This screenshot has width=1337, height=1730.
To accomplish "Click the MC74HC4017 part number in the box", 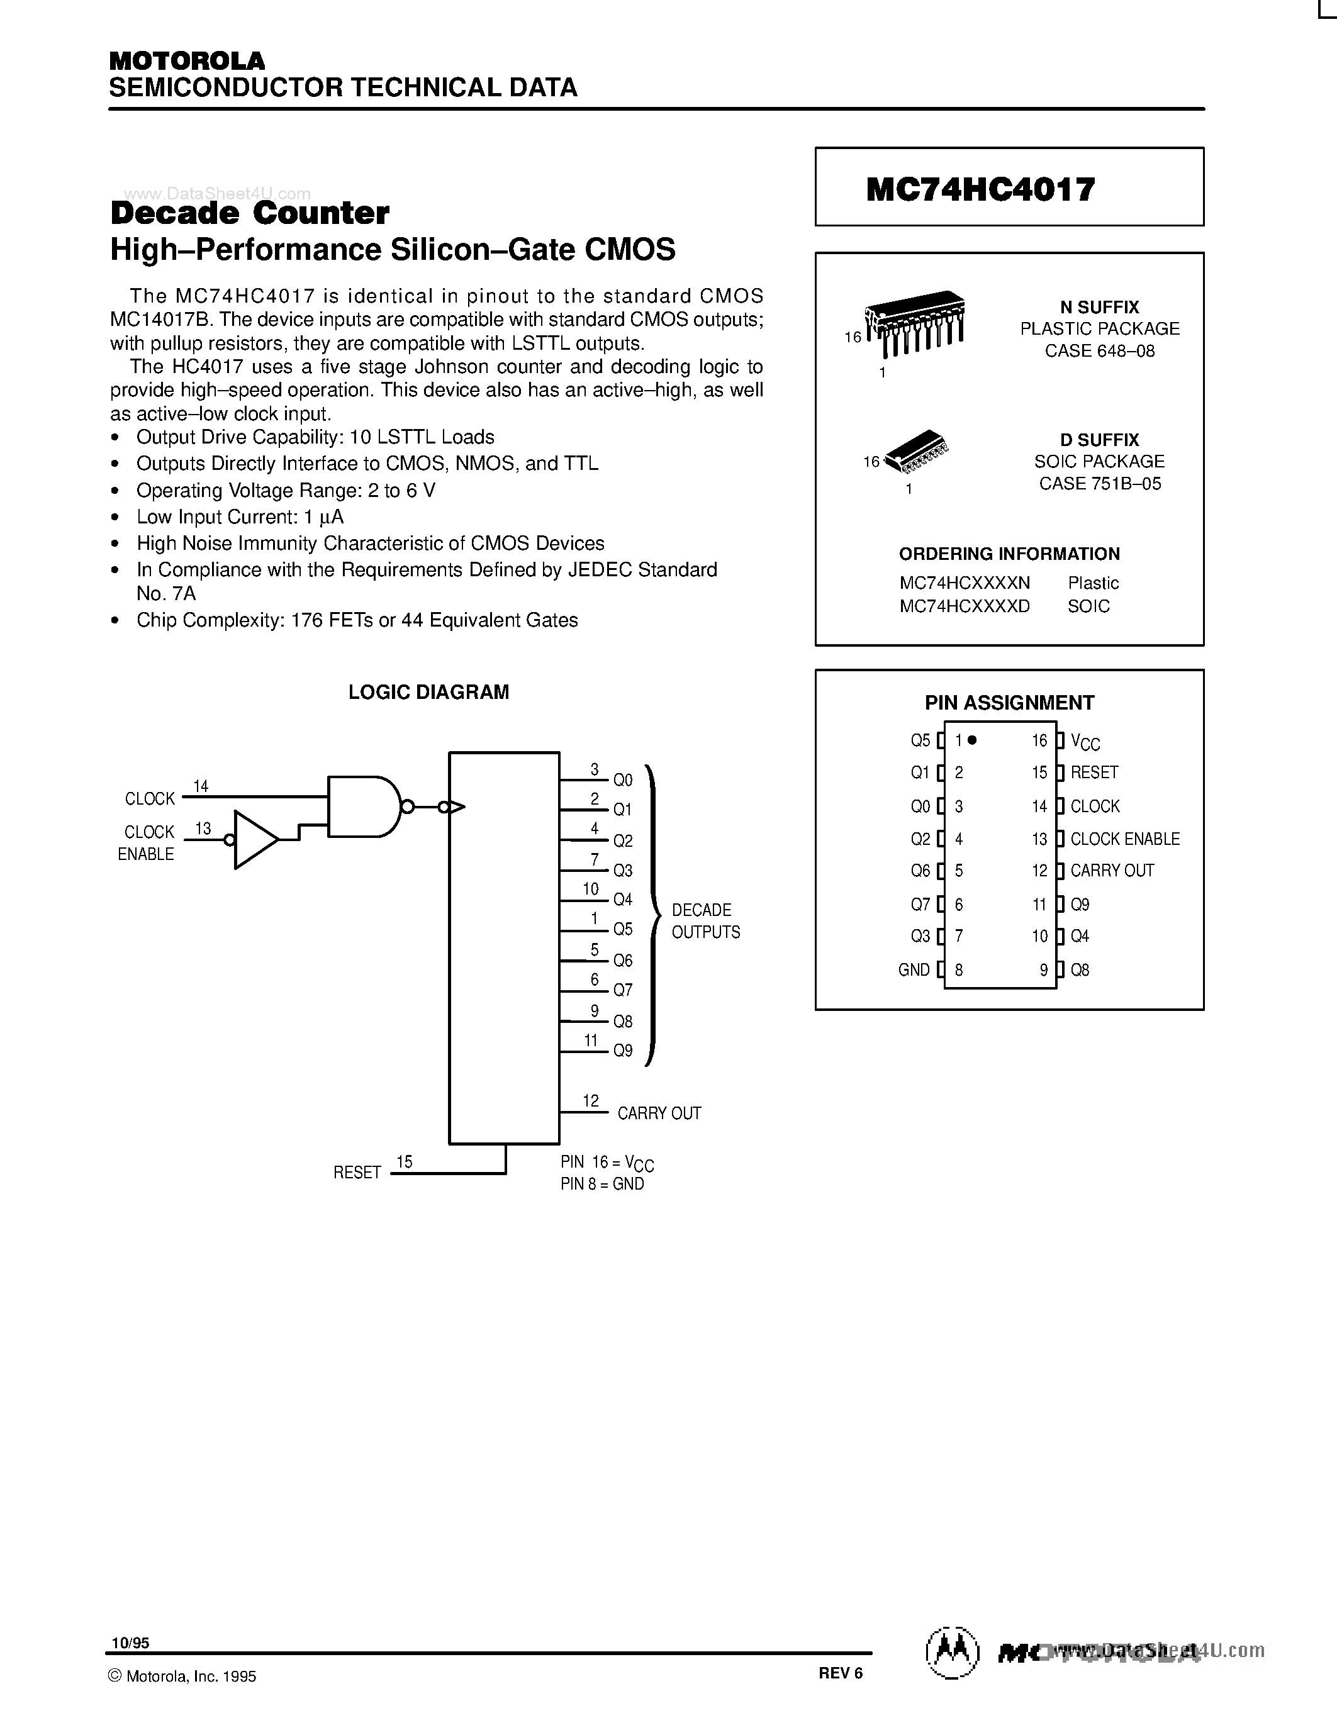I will point(981,189).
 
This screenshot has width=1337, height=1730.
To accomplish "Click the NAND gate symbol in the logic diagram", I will point(363,806).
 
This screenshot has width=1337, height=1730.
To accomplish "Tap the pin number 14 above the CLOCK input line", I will point(200,786).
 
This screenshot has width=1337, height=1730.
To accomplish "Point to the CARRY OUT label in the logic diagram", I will point(659,1113).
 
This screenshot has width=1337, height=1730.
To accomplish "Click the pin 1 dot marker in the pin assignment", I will point(973,740).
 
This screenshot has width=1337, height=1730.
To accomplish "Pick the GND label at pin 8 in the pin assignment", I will point(913,969).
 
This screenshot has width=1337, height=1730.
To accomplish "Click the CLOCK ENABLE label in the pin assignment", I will point(1125,839).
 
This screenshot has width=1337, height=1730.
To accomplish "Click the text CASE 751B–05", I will point(1100,484).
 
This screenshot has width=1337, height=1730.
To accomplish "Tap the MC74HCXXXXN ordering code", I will point(964,583).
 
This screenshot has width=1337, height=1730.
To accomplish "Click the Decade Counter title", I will point(250,213).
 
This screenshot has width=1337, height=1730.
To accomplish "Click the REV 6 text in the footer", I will point(841,1673).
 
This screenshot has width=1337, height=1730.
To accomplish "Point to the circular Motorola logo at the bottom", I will point(953,1654).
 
